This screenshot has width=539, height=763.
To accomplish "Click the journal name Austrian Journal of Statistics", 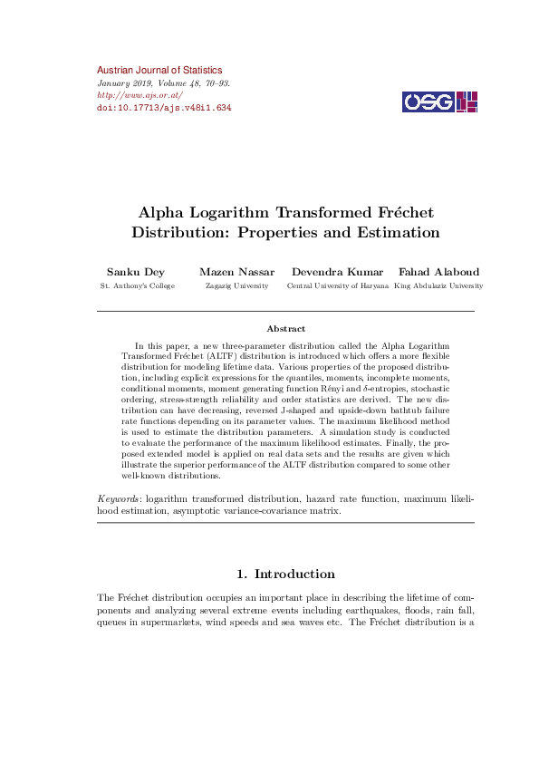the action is (x=159, y=70).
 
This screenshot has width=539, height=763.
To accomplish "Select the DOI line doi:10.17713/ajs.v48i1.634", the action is (x=164, y=107).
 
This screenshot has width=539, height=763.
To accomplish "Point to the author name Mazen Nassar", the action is (x=236, y=271).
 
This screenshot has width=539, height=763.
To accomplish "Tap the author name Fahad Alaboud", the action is (x=438, y=271).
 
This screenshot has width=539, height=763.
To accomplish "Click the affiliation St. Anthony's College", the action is (x=137, y=285).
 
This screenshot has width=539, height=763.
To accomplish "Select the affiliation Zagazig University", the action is (x=236, y=285).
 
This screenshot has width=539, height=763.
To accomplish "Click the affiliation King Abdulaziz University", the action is (x=438, y=285).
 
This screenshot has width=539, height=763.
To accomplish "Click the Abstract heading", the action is (x=285, y=328).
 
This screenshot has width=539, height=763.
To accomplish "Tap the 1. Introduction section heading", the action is (x=285, y=574).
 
